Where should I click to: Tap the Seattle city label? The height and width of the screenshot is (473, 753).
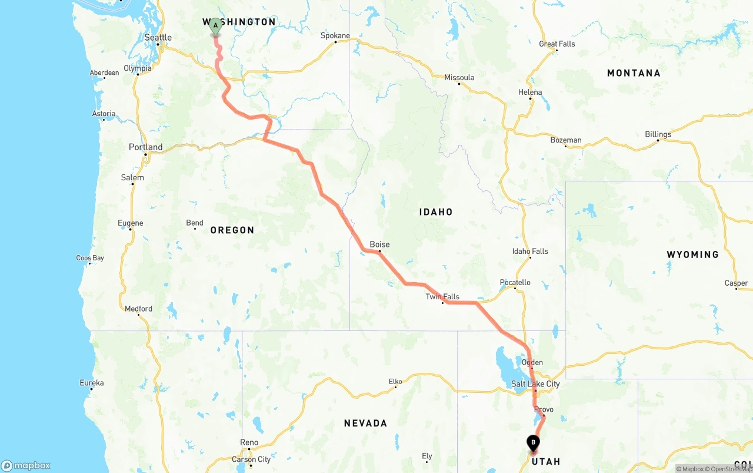[x=158, y=38]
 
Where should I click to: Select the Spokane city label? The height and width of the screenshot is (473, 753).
[x=335, y=36]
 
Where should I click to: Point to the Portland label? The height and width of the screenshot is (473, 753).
[x=145, y=147]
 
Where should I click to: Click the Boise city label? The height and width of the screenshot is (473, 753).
[x=379, y=244]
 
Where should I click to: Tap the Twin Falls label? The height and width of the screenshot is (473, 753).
[x=442, y=297]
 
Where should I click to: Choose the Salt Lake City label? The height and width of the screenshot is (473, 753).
[x=535, y=384]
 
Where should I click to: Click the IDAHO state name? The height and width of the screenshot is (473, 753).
[x=436, y=212]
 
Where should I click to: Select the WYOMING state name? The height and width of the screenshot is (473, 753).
[x=692, y=254]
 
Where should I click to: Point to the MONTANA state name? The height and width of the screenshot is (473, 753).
[x=634, y=73]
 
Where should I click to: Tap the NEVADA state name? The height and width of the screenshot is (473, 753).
[x=365, y=423]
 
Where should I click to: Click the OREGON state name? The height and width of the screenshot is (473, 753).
[x=232, y=230]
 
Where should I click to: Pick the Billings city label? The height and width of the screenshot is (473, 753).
[x=658, y=134]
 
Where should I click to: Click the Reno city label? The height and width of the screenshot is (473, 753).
[x=249, y=442]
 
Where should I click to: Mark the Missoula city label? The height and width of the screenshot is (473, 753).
[x=459, y=78]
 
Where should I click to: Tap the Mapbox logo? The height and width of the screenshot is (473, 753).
[x=26, y=465]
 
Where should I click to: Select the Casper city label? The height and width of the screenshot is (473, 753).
[x=736, y=283]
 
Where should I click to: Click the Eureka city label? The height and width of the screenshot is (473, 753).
[x=92, y=383]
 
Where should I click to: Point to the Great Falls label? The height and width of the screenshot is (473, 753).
[x=557, y=44]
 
